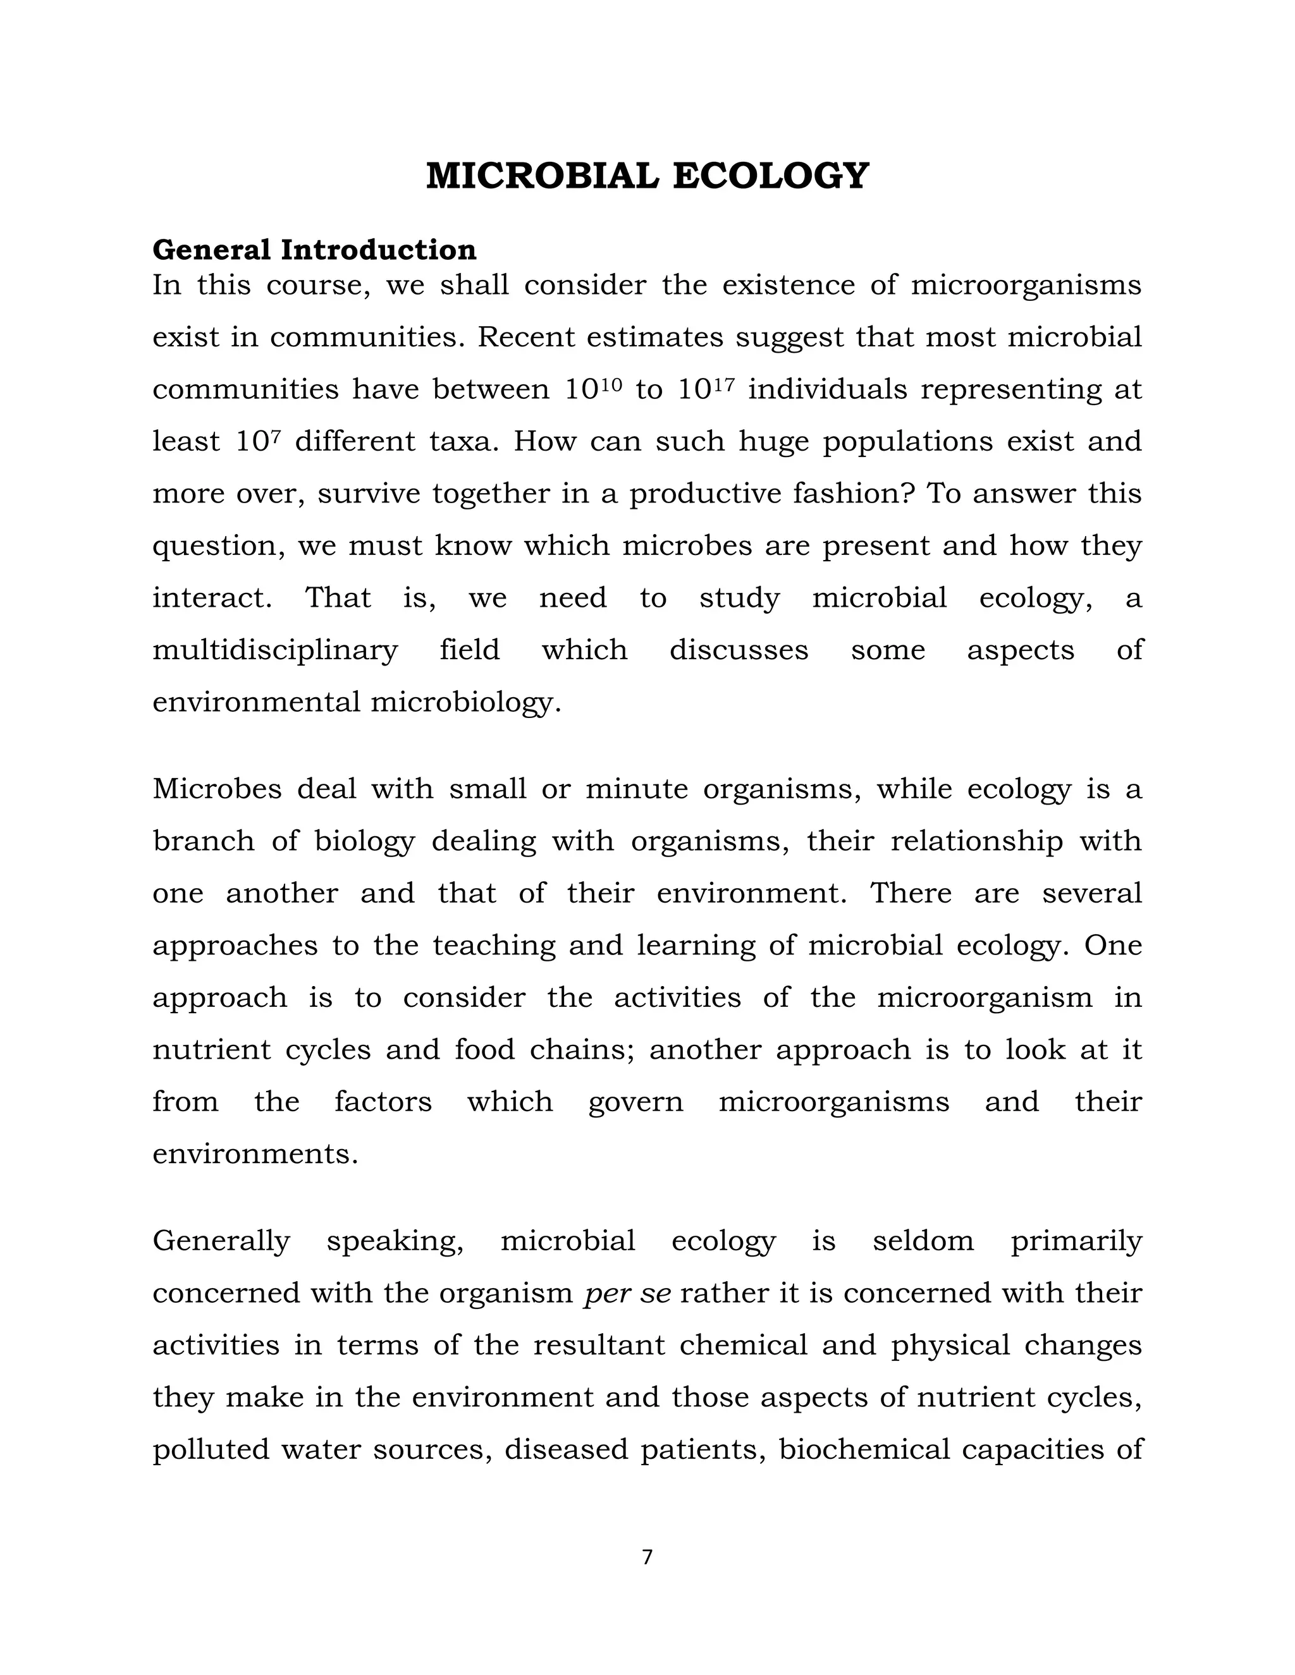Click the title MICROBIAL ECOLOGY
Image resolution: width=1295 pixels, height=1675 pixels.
pos(647,176)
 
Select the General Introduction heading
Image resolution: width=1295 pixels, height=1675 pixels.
pos(314,250)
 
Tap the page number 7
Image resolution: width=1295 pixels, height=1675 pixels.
pos(647,1557)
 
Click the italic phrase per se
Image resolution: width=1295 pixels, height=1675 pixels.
pos(627,1293)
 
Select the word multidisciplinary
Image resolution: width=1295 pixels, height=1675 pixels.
pos(274,650)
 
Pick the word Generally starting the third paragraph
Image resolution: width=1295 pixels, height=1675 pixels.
pos(221,1241)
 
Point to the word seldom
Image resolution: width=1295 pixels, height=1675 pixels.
pos(923,1240)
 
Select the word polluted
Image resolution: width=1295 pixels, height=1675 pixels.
pos(210,1449)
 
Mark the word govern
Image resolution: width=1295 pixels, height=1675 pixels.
pos(635,1103)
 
